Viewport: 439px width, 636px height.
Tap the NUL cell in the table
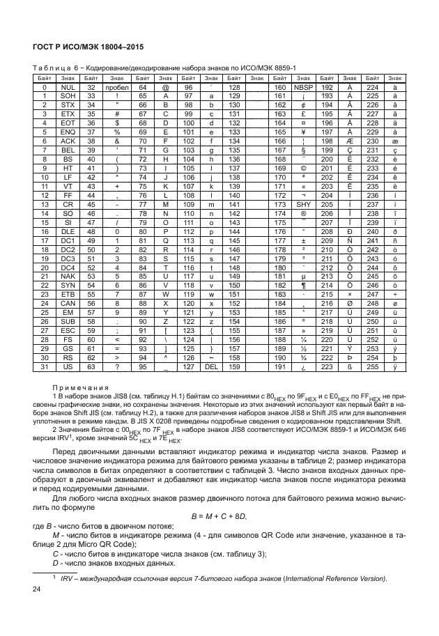pos(68,88)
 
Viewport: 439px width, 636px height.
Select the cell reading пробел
pos(118,88)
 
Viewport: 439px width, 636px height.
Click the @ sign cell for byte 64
pos(165,88)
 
